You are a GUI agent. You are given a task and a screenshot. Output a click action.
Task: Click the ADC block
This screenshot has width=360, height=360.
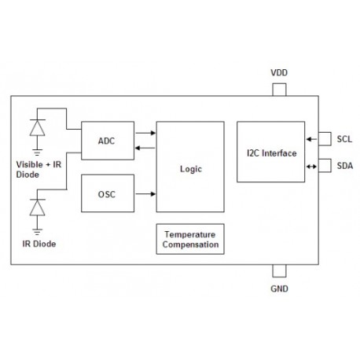107,141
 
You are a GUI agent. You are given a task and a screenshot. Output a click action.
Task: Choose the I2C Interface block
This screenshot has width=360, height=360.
270,152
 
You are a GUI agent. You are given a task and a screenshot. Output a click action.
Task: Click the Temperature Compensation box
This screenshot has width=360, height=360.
189,239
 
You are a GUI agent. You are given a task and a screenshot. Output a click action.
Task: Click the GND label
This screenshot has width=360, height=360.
279,288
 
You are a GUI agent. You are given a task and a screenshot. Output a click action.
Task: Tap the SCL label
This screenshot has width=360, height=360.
344,139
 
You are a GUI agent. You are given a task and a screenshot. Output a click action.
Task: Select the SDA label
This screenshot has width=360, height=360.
344,166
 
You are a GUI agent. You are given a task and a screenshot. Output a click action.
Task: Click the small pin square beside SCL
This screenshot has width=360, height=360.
324,139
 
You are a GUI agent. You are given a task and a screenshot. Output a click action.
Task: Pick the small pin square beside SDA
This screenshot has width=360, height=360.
324,166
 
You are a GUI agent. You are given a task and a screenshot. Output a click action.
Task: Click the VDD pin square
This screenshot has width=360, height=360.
279,90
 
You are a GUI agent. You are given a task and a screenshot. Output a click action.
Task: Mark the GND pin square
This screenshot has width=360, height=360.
279,270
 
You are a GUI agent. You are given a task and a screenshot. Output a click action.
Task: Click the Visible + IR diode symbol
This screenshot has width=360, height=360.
35,127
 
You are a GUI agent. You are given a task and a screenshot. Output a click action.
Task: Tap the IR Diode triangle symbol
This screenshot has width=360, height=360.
35,208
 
